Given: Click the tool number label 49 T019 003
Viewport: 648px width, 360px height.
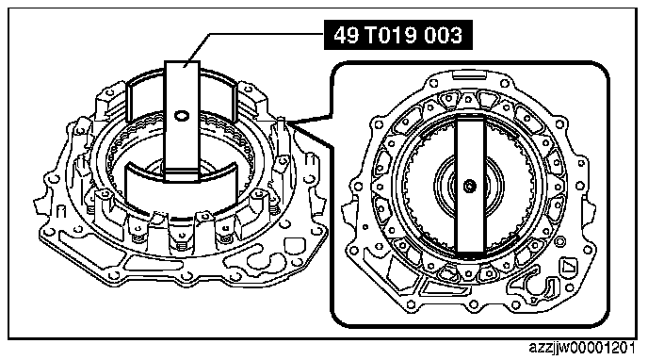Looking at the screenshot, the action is (398, 35).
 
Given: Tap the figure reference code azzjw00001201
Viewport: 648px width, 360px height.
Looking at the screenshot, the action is (582, 348).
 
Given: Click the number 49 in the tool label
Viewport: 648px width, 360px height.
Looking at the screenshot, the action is (347, 35).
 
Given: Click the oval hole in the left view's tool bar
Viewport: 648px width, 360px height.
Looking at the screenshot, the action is (182, 116).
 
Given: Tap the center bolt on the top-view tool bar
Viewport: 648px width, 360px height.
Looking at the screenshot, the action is (469, 186).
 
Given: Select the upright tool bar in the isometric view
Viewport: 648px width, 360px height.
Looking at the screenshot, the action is (183, 121).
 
